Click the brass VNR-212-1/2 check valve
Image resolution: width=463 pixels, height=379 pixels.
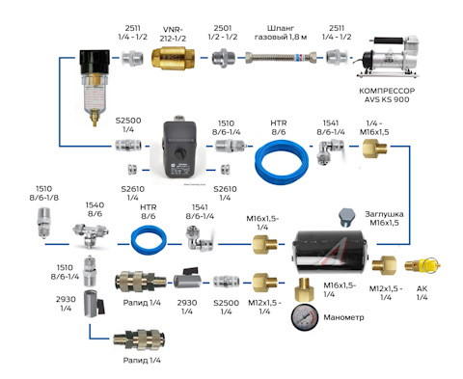[173, 58]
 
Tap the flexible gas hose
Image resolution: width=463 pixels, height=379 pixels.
[281, 58]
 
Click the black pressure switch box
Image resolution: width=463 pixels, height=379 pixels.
[179, 149]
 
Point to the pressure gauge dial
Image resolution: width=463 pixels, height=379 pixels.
[305, 317]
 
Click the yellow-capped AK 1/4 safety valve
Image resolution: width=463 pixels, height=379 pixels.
[422, 265]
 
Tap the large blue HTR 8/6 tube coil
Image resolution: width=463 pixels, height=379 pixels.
[282, 164]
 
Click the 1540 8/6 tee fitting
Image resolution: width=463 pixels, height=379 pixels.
[90, 233]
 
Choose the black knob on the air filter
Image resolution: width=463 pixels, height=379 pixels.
[95, 62]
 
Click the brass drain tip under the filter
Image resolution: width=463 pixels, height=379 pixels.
[95, 118]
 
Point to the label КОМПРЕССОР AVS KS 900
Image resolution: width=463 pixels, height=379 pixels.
[387, 95]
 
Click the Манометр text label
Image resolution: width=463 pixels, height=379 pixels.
[343, 317]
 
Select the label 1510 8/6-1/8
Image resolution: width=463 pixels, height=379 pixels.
[44, 193]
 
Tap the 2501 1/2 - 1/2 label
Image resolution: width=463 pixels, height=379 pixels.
[223, 33]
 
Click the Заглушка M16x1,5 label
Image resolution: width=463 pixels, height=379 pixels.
[384, 218]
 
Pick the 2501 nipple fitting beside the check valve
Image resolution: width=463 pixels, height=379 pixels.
[223, 58]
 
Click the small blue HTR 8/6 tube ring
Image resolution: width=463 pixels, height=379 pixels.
[149, 240]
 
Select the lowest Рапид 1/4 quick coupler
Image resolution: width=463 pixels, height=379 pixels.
[139, 338]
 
